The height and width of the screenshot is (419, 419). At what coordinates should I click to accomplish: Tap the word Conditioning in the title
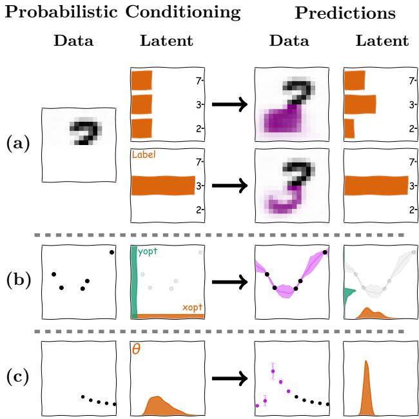[x=183, y=12]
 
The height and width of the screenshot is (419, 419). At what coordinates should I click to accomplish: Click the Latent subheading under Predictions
[x=382, y=41]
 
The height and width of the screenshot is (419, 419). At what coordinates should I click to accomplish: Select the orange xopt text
[x=191, y=307]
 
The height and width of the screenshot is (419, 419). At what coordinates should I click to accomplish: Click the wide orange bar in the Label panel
[x=162, y=186]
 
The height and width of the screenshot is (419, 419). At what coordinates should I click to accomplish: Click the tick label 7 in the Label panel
[x=199, y=161]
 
